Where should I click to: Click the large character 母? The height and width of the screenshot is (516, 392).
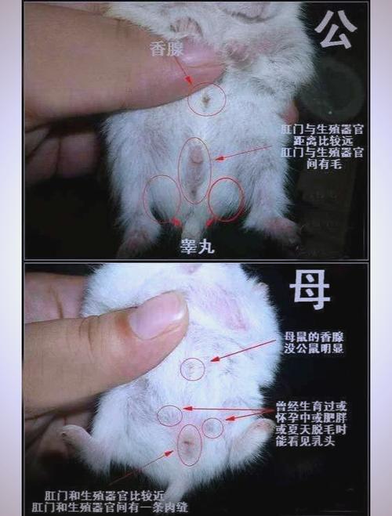coord(310,291)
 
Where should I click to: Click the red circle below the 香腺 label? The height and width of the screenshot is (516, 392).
coord(207,99)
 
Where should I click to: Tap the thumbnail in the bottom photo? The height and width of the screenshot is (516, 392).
coord(158,315)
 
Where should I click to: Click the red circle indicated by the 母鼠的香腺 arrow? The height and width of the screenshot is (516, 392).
coord(192,369)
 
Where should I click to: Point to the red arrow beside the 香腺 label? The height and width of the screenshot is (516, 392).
coord(185,71)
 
